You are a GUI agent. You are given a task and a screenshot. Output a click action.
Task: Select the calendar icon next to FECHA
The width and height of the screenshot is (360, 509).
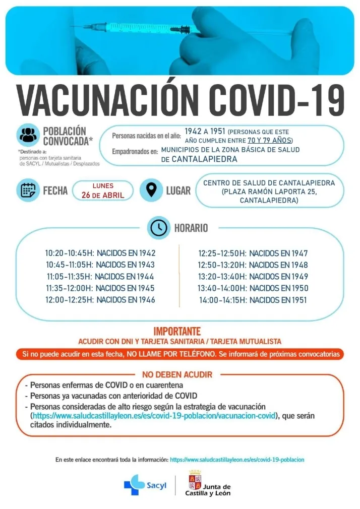[x=28, y=190]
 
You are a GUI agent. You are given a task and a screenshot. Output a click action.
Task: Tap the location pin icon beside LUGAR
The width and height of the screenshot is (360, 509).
[x=151, y=190]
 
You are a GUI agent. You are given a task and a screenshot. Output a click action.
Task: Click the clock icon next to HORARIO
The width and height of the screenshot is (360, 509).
[x=158, y=228]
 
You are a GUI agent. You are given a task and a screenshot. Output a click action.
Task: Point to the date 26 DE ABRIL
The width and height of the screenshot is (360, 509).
[x=103, y=196]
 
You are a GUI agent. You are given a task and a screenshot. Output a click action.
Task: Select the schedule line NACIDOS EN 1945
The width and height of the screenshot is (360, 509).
[x=126, y=288]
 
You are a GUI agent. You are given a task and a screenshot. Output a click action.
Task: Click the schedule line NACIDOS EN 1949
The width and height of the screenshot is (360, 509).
[x=279, y=277]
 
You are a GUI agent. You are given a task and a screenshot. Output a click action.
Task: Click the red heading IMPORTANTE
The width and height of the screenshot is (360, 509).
[x=177, y=332]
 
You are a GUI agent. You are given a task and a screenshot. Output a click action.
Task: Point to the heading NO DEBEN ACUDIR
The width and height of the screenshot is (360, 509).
[x=177, y=374]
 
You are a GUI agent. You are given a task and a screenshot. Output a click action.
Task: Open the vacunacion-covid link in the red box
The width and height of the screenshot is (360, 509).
[x=154, y=416]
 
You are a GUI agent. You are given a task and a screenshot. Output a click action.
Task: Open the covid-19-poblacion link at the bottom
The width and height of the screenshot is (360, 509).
[x=237, y=460]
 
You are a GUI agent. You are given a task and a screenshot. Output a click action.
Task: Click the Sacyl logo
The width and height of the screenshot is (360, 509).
[x=142, y=485]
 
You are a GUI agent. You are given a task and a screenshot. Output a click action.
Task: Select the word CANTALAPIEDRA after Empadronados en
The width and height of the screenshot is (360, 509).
[x=204, y=159]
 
